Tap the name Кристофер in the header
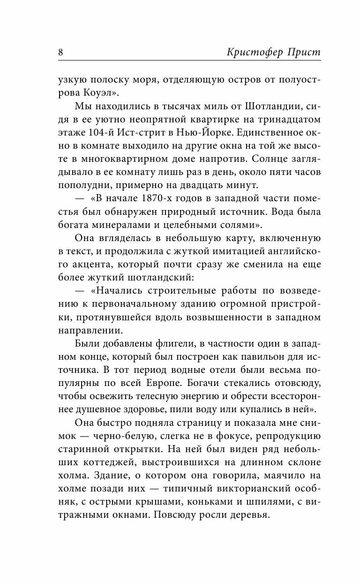click(x=253, y=52)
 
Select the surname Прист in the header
click(x=304, y=52)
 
